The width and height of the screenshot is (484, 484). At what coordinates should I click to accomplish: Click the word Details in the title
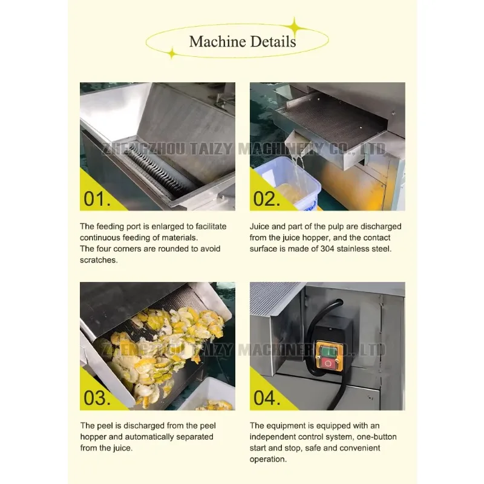coord(273,41)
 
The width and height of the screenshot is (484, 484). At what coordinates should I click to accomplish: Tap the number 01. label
coord(97,198)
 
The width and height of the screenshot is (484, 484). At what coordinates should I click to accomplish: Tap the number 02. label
coord(267,198)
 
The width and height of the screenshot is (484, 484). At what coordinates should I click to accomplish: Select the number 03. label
coord(97,398)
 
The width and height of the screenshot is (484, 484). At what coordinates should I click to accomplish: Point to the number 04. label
coord(267,398)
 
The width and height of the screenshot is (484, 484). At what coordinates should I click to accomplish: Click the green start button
coord(327,352)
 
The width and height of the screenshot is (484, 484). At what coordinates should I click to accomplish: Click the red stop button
coord(327,364)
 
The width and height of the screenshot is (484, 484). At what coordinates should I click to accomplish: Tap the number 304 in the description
coord(327,249)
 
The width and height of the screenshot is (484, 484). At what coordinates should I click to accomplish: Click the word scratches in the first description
coord(98,260)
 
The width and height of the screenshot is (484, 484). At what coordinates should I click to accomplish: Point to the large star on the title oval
coord(295,28)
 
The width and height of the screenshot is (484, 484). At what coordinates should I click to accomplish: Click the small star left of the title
coord(172,53)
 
